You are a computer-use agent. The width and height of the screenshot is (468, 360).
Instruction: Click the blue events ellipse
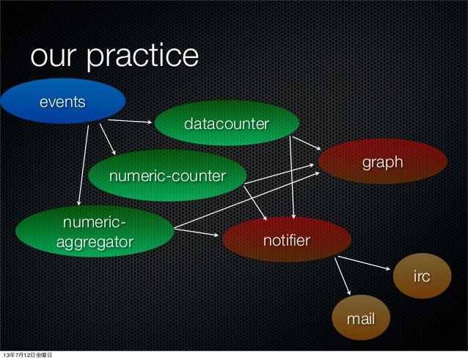click(62, 101)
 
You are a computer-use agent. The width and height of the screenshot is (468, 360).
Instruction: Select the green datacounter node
click(226, 123)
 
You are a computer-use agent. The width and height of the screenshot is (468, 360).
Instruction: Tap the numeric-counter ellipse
click(167, 176)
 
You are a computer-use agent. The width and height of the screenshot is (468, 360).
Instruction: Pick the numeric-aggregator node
click(93, 232)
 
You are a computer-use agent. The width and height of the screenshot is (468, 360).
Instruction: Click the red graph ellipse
click(382, 161)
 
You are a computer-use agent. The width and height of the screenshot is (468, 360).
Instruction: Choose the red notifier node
click(286, 240)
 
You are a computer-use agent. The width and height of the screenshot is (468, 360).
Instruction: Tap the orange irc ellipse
click(421, 276)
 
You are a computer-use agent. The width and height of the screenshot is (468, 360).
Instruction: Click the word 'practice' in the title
click(142, 56)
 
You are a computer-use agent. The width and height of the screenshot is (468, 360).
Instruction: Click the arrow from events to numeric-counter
click(107, 139)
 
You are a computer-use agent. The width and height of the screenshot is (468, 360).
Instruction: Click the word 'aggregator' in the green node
click(95, 241)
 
